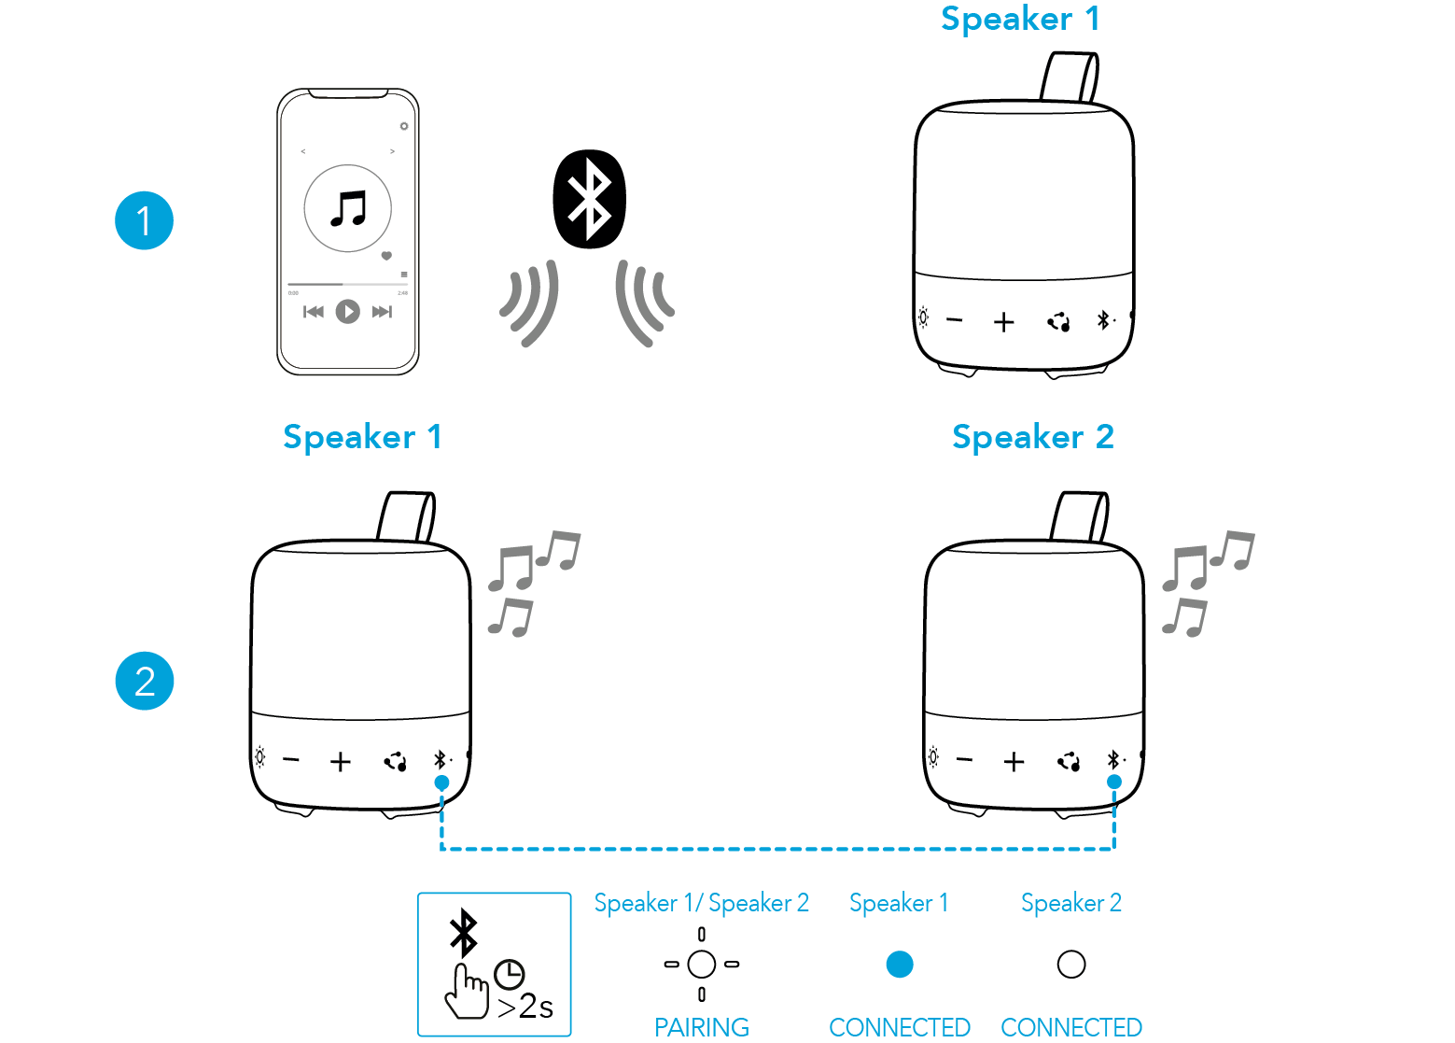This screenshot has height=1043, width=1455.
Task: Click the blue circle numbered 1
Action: click(144, 220)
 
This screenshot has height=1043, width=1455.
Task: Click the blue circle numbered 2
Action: click(144, 681)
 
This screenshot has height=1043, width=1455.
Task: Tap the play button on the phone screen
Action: click(348, 311)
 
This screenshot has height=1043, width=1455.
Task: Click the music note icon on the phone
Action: click(348, 208)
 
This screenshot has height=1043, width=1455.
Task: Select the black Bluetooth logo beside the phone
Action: click(589, 198)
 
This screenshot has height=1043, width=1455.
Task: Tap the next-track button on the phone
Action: click(382, 312)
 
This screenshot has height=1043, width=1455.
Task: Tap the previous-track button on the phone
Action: click(314, 312)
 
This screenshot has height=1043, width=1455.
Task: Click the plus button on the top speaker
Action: click(1004, 322)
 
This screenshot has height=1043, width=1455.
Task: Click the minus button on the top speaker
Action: click(954, 320)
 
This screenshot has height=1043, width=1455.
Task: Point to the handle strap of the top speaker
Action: click(1070, 77)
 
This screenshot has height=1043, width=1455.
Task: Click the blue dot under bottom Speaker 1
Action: click(441, 782)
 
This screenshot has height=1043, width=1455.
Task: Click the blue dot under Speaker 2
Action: click(1114, 782)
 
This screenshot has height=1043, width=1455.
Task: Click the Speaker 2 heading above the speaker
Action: click(1032, 436)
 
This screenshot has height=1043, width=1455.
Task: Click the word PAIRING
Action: click(702, 1026)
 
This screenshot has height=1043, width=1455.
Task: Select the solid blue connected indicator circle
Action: click(900, 964)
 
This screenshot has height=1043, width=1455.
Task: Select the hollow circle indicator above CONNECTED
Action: click(1071, 964)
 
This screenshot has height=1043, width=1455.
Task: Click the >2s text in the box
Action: click(525, 1007)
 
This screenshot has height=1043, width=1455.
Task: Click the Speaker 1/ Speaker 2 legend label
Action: click(702, 903)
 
